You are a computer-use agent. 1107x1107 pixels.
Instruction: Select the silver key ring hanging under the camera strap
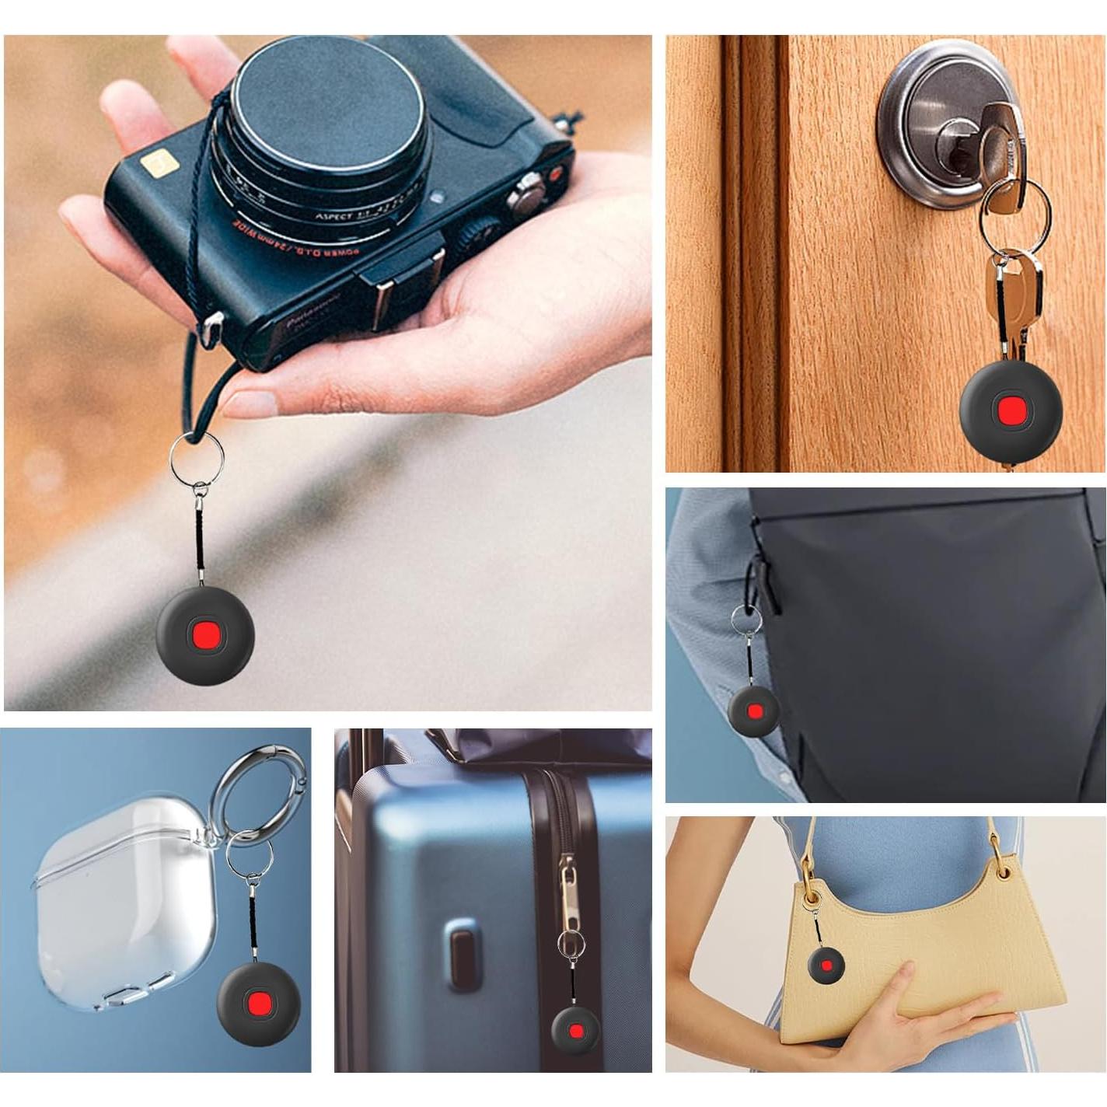196,457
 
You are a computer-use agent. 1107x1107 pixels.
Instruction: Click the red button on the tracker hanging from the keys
1011,409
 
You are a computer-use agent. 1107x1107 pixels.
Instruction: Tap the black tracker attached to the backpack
753,711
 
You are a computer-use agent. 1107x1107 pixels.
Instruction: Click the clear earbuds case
124,910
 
